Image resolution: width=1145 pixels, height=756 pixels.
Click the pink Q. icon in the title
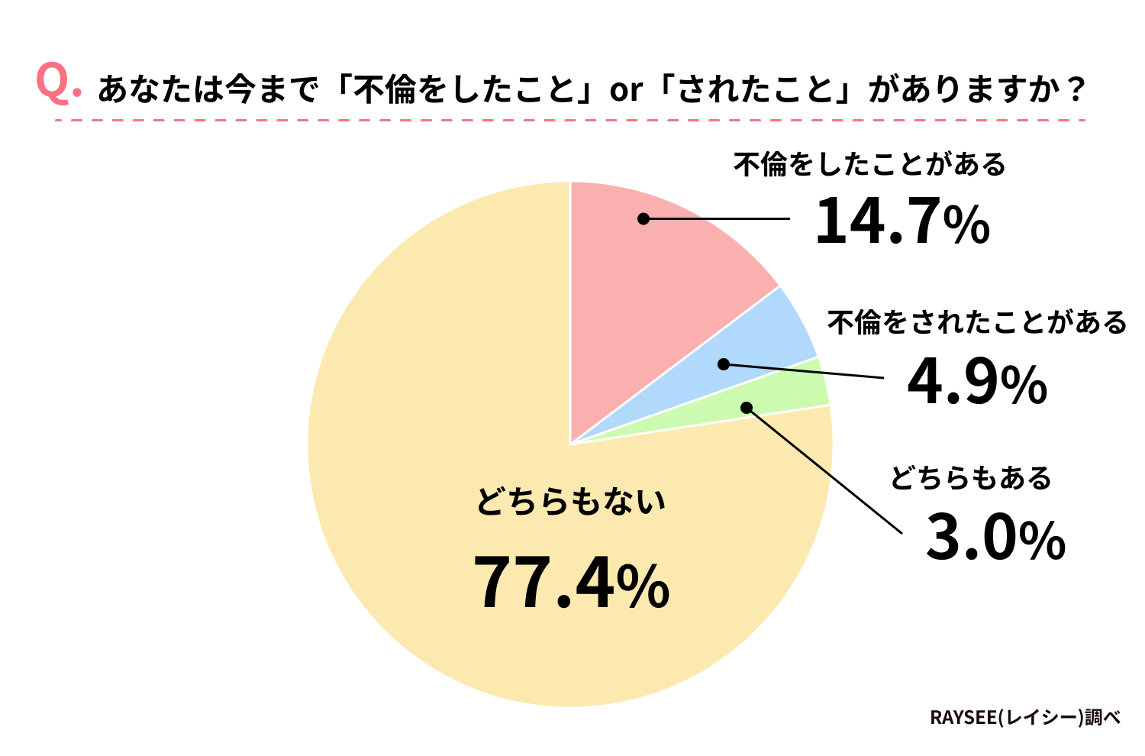click(57, 84)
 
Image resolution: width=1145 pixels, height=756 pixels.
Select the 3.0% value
click(995, 539)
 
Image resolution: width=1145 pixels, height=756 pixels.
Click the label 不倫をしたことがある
click(869, 164)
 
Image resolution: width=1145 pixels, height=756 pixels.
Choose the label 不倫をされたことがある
click(977, 322)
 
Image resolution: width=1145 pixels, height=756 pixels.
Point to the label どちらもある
click(970, 478)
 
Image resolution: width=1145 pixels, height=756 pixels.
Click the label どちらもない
click(571, 502)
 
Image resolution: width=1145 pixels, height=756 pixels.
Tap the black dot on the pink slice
click(643, 218)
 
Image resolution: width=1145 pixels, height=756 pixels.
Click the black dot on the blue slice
click(724, 364)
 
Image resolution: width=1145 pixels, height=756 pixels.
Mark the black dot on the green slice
click(747, 408)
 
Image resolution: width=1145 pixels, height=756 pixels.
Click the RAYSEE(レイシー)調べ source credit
click(1024, 718)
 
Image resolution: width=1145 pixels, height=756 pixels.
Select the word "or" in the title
click(625, 91)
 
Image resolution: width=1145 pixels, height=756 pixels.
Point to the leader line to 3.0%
click(824, 470)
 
